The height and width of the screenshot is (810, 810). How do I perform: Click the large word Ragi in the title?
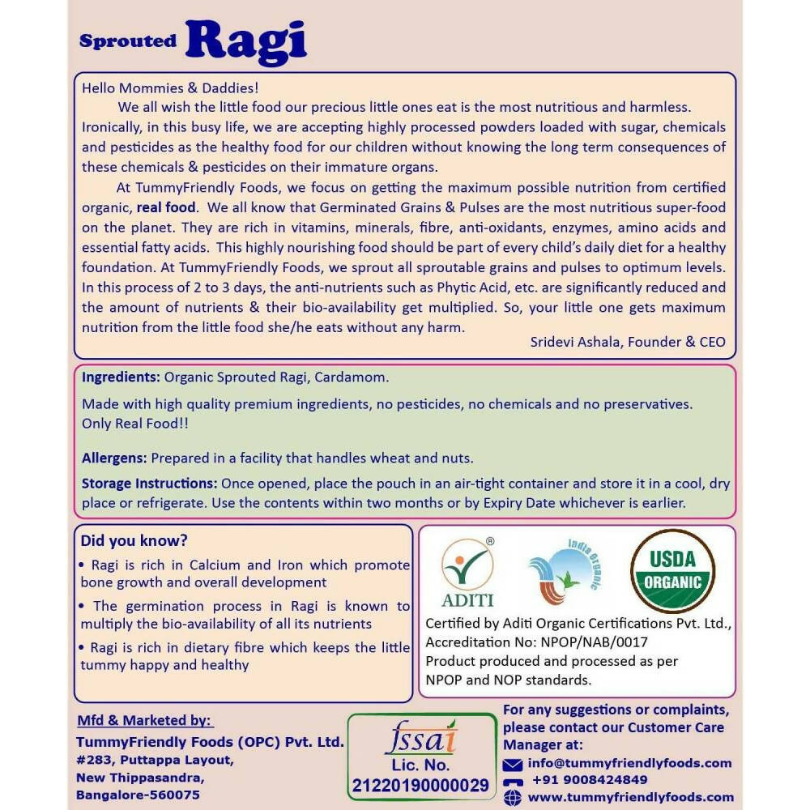pos(246,40)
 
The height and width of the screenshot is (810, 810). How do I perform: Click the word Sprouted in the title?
pos(127,41)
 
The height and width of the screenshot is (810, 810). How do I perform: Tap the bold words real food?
pos(166,207)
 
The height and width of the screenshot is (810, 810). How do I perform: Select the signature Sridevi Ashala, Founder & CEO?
pos(628,341)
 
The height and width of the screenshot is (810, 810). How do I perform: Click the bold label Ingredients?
pos(121,377)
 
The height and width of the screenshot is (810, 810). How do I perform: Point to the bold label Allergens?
pos(114,458)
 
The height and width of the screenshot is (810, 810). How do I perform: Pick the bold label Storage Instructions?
pos(149,484)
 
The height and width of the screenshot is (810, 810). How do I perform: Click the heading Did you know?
pos(134,540)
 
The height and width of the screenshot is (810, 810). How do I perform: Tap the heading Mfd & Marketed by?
pos(144,721)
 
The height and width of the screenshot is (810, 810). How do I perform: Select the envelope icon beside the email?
pos(512,764)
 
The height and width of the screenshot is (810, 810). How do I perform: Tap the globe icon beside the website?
pos(512,798)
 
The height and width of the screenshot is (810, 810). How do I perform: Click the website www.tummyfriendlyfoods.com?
pos(630,797)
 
